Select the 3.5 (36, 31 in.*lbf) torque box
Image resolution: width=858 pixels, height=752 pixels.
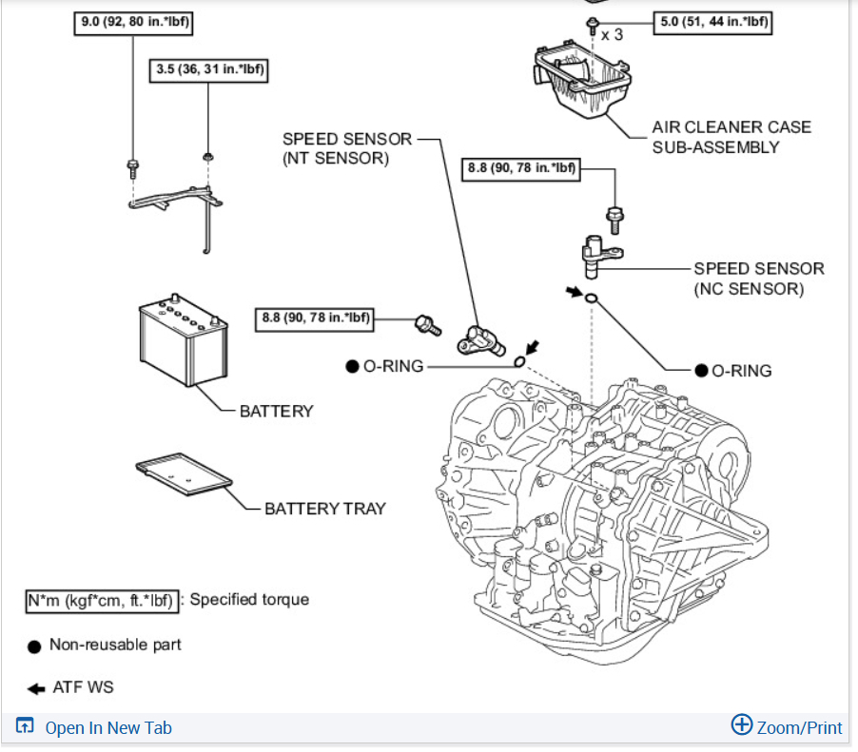click(x=209, y=69)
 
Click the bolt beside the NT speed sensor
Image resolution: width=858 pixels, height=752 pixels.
click(x=428, y=324)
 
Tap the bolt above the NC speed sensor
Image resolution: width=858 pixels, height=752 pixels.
click(x=614, y=220)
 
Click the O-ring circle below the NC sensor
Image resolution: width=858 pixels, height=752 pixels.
click(x=591, y=300)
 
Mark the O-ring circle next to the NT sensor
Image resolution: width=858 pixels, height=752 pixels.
click(x=519, y=361)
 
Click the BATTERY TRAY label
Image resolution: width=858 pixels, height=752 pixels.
click(x=325, y=509)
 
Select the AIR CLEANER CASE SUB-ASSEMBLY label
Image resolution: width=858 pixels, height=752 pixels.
click(x=731, y=137)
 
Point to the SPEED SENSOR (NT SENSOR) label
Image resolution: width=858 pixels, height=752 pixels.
click(x=347, y=148)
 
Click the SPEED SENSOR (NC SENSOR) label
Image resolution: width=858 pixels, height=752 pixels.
click(x=758, y=279)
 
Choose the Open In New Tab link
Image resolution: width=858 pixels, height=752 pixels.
click(x=95, y=727)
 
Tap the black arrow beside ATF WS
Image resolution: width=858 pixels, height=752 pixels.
click(x=36, y=687)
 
